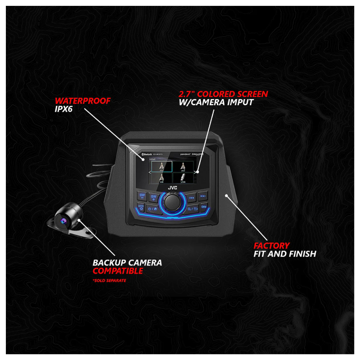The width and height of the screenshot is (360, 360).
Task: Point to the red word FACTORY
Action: [x=271, y=246]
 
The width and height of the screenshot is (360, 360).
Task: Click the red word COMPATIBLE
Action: [x=118, y=271]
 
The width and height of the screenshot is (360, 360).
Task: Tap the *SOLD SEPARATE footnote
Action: [x=109, y=281]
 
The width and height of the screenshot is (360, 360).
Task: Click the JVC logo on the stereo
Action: [x=173, y=189]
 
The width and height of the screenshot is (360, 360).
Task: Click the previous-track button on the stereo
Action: [x=191, y=196]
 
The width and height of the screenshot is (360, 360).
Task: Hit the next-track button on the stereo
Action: [x=203, y=196]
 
